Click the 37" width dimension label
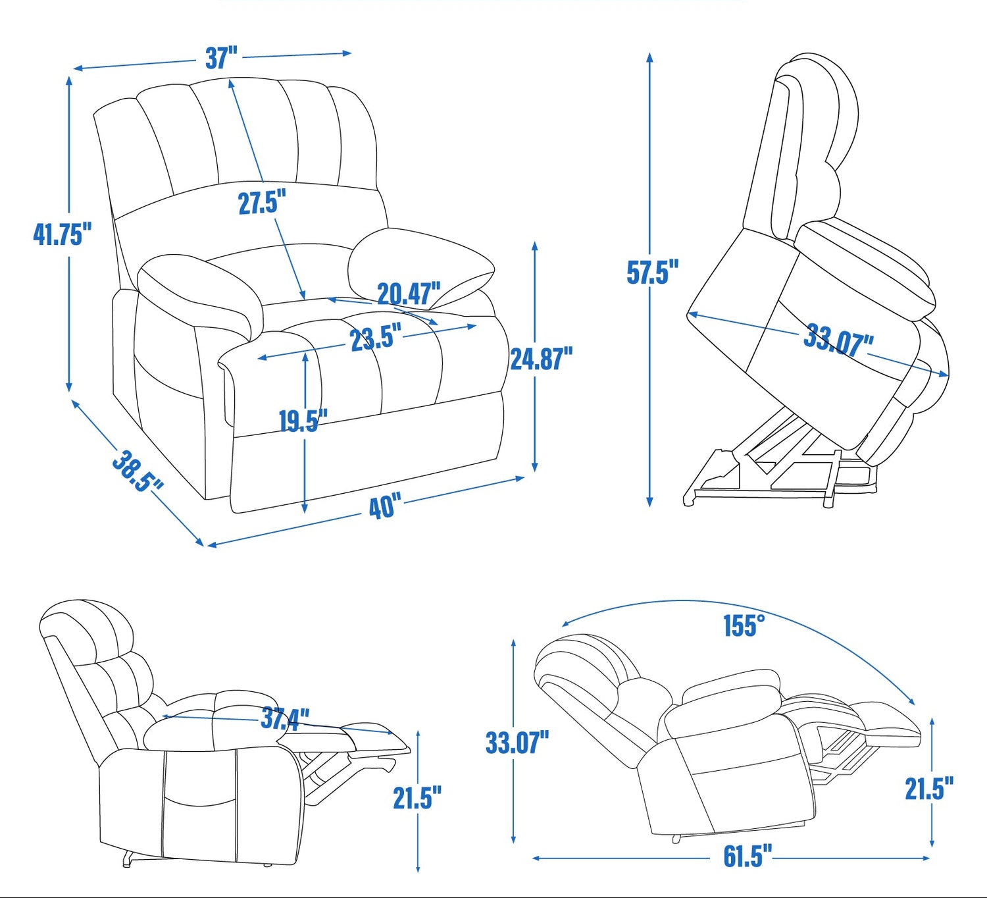coord(221,57)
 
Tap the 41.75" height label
coord(63,234)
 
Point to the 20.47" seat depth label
coord(409,294)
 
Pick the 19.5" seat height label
coord(303,421)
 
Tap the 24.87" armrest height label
coord(542,358)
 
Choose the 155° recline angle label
coord(744,625)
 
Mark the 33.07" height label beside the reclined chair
coord(517,743)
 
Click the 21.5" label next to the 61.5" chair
coord(929,788)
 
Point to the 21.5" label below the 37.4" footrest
coord(417,797)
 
